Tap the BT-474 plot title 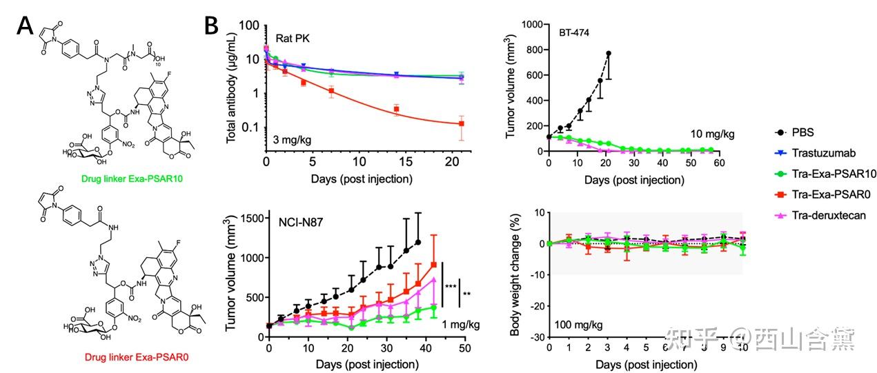click(x=575, y=33)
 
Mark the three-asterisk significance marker click(x=450, y=285)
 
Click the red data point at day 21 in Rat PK click(x=461, y=123)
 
